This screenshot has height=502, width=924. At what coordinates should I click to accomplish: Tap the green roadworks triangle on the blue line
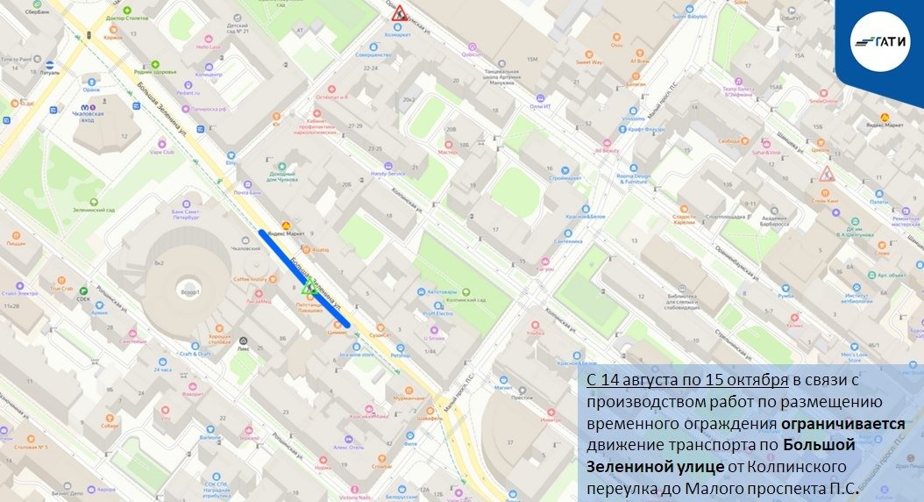click(x=307, y=287)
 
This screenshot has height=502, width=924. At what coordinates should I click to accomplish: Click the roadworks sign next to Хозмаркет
click(x=398, y=13)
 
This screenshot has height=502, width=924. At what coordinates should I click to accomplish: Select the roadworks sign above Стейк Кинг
click(x=826, y=173)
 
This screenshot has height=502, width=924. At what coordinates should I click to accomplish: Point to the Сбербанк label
click(x=37, y=11)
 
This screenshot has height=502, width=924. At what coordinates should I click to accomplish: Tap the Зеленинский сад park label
click(x=97, y=210)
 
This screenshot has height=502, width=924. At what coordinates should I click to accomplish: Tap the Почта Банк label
click(x=248, y=192)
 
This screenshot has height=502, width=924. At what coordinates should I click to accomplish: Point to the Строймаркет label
click(x=565, y=178)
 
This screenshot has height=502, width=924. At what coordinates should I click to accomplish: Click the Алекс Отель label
click(x=348, y=447)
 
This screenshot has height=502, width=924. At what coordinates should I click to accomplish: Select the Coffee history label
click(x=249, y=279)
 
